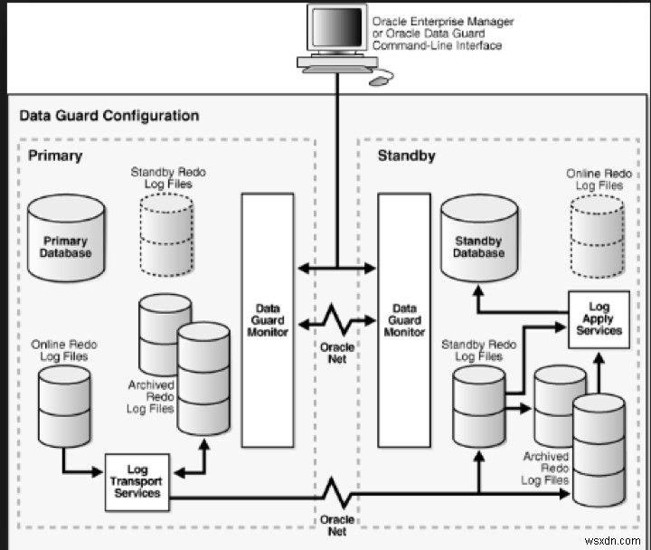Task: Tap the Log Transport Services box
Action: pyautogui.click(x=137, y=481)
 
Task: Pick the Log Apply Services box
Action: pyautogui.click(x=599, y=318)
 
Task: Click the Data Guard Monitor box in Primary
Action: pyautogui.click(x=268, y=320)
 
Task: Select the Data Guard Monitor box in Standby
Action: pyautogui.click(x=403, y=320)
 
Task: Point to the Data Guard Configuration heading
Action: pyautogui.click(x=109, y=116)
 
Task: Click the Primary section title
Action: pyautogui.click(x=55, y=155)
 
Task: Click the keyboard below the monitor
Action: pyautogui.click(x=335, y=68)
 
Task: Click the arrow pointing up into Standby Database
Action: pyautogui.click(x=477, y=289)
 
